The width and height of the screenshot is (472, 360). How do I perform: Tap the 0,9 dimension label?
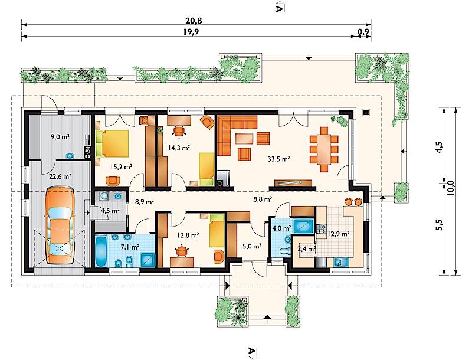coord(364,32)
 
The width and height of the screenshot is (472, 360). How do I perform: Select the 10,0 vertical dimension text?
coord(451,188)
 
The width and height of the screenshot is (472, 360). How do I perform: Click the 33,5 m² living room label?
coord(278,159)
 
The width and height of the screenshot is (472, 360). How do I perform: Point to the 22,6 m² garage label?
coord(60,176)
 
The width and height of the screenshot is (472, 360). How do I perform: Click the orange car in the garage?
coord(60,226)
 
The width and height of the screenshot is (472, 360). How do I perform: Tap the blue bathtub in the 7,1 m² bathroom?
coord(101,251)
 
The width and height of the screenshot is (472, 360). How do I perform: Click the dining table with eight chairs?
coord(324,149)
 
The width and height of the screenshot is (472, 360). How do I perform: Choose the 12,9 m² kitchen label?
coord(339,233)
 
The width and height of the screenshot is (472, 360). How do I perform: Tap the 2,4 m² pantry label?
coord(306,249)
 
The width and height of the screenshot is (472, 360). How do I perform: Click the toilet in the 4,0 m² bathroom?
coord(284,250)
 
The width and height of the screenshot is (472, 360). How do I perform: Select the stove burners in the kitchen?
coord(321,229)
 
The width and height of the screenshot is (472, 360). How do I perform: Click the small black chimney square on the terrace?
coord(366,112)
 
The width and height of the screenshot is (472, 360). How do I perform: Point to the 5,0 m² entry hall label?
coord(252,247)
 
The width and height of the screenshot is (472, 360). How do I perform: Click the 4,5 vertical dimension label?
coord(439,148)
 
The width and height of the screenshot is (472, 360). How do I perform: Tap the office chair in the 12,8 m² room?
coord(182,251)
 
